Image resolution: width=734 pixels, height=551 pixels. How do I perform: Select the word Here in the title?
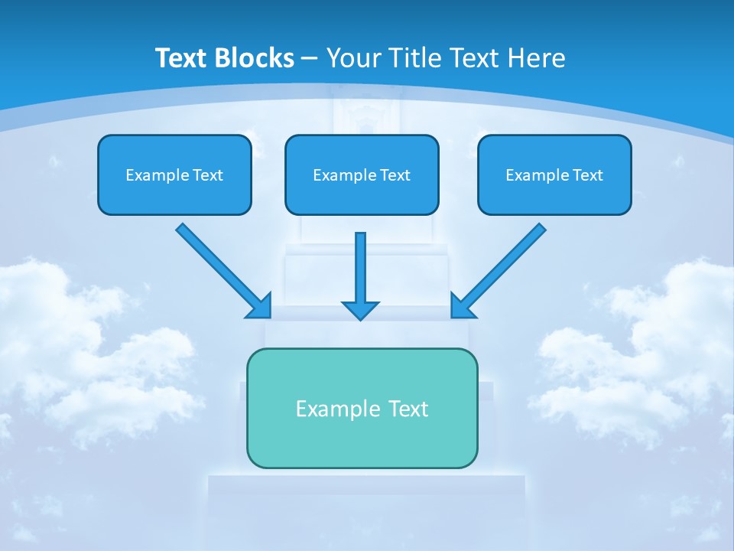pyautogui.click(x=538, y=57)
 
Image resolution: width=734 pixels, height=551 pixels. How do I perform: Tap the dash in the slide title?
pyautogui.click(x=310, y=58)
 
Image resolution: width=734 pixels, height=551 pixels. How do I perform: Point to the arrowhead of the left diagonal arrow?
pyautogui.click(x=260, y=306)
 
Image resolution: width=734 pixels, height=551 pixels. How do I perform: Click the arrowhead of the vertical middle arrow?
pyautogui.click(x=360, y=310)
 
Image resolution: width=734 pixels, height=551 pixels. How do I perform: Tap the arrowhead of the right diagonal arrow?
pyautogui.click(x=462, y=306)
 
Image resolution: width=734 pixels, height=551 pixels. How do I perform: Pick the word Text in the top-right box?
pyautogui.click(x=587, y=175)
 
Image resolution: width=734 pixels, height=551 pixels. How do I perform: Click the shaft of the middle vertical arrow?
pyautogui.click(x=360, y=264)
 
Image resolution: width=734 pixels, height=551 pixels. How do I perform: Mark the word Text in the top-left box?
pyautogui.click(x=207, y=175)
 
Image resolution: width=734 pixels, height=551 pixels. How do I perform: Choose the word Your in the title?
pyautogui.click(x=353, y=57)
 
